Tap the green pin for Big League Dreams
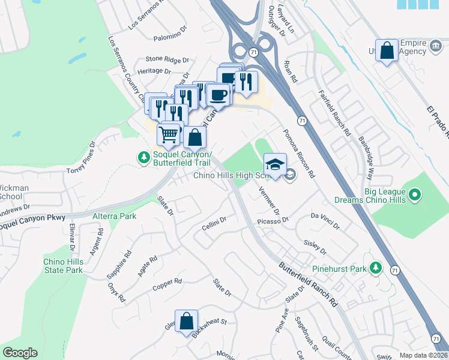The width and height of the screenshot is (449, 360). [x=414, y=195]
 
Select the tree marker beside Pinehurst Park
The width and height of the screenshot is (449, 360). [x=376, y=268]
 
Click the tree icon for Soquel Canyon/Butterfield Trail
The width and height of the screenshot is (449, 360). [x=143, y=157]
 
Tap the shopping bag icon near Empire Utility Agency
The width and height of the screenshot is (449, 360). [x=387, y=50]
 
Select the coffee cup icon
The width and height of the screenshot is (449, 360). [x=218, y=94]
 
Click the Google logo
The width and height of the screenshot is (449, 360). [x=20, y=353]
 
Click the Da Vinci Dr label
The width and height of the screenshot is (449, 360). [x=325, y=221]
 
